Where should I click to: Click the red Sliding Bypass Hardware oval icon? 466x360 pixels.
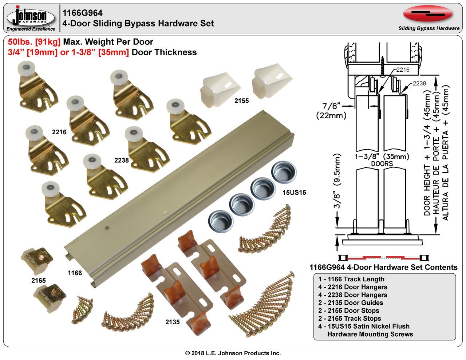click(x=428, y=14)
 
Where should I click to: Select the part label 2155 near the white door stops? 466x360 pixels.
click(x=241, y=100)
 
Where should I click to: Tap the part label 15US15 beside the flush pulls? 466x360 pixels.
click(x=294, y=192)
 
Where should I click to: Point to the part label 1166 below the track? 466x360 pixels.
click(x=75, y=273)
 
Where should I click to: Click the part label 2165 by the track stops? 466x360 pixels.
click(x=38, y=281)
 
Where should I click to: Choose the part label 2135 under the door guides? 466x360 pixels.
click(x=173, y=322)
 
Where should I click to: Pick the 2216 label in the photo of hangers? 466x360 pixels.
click(x=59, y=132)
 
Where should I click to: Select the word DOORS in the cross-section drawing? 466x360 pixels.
click(x=382, y=164)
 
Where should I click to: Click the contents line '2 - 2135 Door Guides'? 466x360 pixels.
click(x=351, y=303)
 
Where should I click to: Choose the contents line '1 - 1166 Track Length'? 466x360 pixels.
click(x=351, y=279)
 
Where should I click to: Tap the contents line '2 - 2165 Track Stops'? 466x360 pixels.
click(x=349, y=319)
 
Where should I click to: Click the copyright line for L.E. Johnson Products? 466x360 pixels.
click(x=233, y=353)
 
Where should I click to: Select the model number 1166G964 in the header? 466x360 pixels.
click(x=80, y=13)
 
